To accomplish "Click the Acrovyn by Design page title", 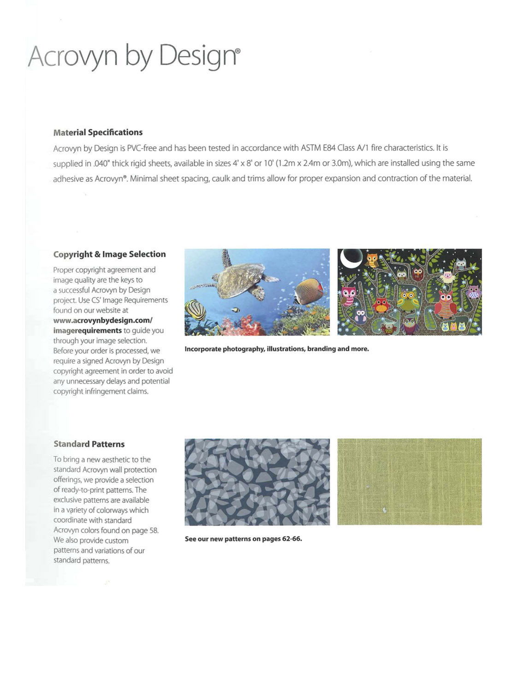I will (134, 56).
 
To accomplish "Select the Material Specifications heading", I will (98, 132).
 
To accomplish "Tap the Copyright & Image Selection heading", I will (109, 254).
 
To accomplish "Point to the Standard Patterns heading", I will (89, 444).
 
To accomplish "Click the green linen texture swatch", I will (409, 481).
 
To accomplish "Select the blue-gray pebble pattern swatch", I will (257, 481).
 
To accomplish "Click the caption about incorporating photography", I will (277, 349).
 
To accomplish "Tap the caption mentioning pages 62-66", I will (243, 538).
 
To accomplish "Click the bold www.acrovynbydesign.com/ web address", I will (102, 320).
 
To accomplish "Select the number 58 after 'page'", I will (153, 531).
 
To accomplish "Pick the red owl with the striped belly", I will (445, 304).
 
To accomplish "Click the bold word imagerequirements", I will (87, 330).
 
